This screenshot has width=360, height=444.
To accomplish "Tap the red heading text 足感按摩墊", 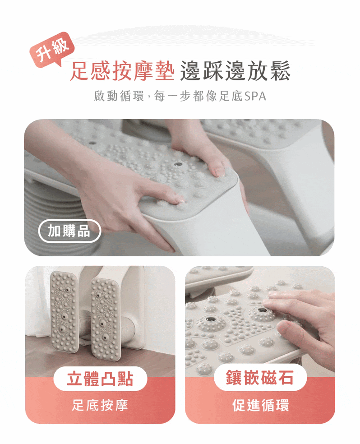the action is (122, 71).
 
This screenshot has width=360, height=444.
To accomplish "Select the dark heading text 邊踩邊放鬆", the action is (235, 71).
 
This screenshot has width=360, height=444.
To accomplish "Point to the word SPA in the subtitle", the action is (255, 97).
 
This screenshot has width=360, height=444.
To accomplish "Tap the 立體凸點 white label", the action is (100, 379).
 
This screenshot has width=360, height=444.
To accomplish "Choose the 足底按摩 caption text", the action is (100, 405).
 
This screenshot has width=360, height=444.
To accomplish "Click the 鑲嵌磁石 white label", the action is (260, 378).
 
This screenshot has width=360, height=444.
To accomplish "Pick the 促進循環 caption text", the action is (260, 405).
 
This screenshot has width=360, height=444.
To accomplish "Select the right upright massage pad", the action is (104, 319).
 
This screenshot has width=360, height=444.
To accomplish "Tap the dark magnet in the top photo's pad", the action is (178, 164).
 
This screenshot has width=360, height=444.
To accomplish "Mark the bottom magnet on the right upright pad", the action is (105, 338).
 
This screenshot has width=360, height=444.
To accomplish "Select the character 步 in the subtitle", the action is (185, 97).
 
